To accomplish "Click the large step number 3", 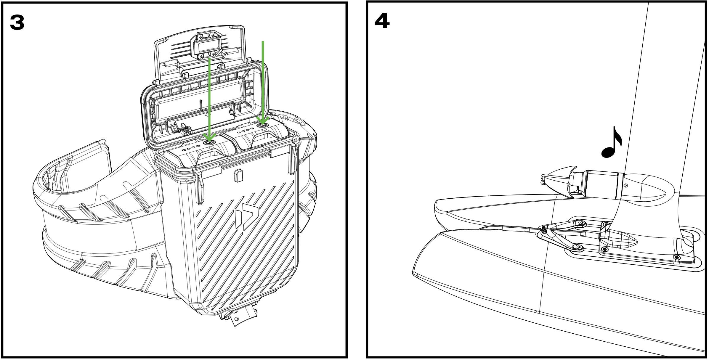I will tap(17, 23).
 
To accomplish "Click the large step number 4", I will tap(382, 21).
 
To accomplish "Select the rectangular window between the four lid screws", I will tap(207, 46).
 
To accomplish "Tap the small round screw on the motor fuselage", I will tap(625, 186).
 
